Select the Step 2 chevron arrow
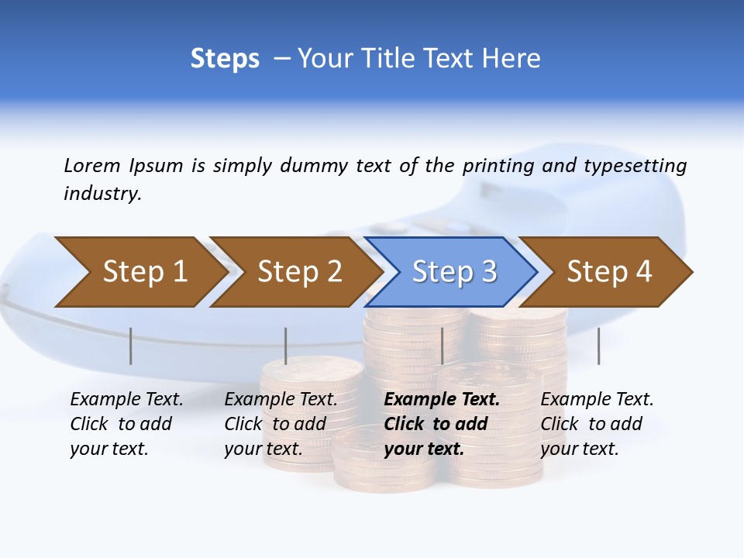tap(298, 272)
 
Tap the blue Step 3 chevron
tap(453, 272)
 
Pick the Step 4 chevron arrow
tap(608, 272)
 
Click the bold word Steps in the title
tap(225, 59)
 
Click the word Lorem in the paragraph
tap(92, 165)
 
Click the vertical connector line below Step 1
tap(131, 346)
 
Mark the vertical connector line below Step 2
tap(286, 346)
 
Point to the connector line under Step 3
tap(442, 346)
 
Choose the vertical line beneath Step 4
tap(598, 346)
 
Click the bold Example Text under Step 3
tap(442, 400)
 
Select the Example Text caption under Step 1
tap(126, 400)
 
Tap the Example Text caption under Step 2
tap(281, 400)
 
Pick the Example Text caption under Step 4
tap(597, 400)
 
